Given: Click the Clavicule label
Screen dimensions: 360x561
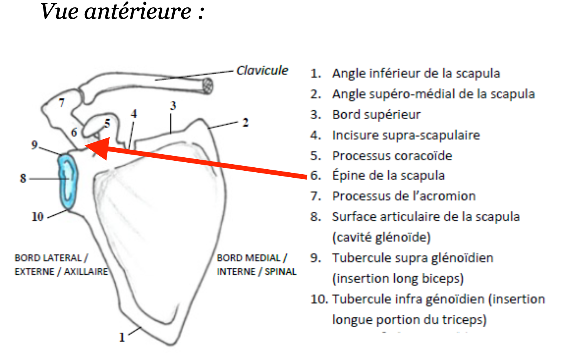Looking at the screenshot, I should [262, 70].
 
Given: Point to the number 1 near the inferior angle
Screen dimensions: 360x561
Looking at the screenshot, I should [122, 337].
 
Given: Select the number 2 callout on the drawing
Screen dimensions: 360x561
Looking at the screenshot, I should [245, 123].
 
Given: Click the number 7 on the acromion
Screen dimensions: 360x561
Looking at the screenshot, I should [62, 103].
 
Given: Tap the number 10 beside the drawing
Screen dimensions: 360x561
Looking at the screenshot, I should [37, 217].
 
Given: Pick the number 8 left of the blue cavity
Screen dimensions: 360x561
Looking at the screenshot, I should [23, 178].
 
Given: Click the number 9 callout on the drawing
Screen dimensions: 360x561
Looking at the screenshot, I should [35, 145].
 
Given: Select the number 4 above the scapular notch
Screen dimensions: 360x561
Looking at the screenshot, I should [134, 113].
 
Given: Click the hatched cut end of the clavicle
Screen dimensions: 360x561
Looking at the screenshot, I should [208, 86].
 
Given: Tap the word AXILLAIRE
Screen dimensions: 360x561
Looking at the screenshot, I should [86, 272].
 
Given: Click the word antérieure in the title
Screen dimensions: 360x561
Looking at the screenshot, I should [138, 12].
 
